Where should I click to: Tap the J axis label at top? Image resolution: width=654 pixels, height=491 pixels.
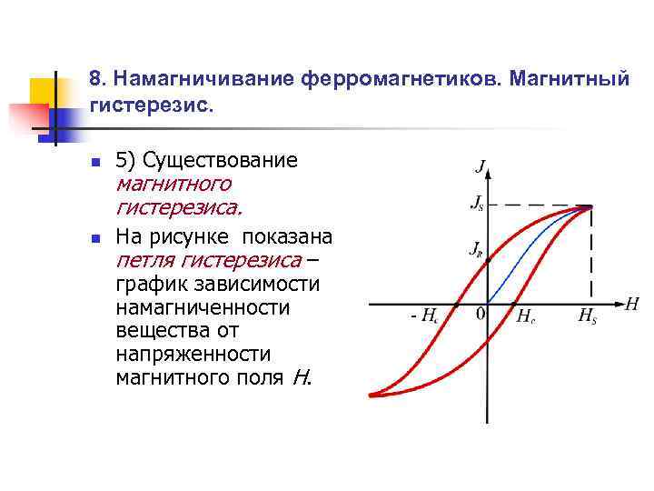point(480,167)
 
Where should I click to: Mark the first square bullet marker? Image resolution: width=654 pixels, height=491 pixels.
point(95,162)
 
